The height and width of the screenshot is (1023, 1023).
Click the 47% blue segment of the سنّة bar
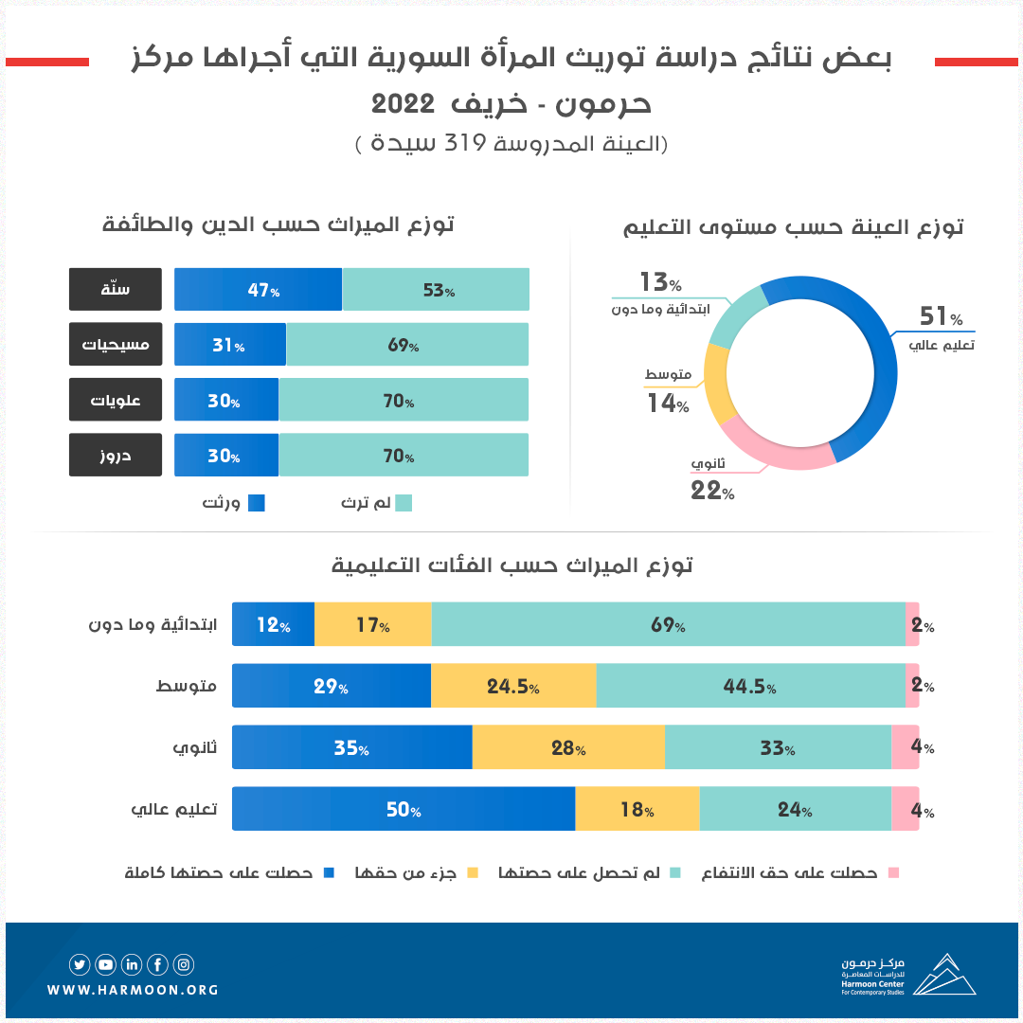coord(258,290)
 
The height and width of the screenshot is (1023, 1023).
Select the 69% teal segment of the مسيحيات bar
coord(407,345)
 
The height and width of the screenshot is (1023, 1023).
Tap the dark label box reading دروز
coord(116,455)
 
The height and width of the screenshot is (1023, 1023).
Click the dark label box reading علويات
coord(116,400)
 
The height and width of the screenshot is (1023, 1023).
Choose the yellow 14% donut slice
coord(721,384)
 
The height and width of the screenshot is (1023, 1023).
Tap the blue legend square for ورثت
coord(256,503)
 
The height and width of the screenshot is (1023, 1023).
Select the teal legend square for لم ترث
coord(404,503)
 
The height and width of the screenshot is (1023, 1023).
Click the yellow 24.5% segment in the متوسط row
coord(513,686)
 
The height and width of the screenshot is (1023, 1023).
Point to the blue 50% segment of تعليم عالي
coord(404,809)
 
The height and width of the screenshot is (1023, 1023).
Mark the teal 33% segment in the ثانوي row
coord(778,747)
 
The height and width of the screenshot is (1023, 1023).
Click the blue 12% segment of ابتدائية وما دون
coord(273,624)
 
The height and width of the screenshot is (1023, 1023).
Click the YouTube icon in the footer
coord(105,965)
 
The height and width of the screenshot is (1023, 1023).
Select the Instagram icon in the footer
coord(184,965)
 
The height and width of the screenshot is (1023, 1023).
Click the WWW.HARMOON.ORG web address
coord(133,990)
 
